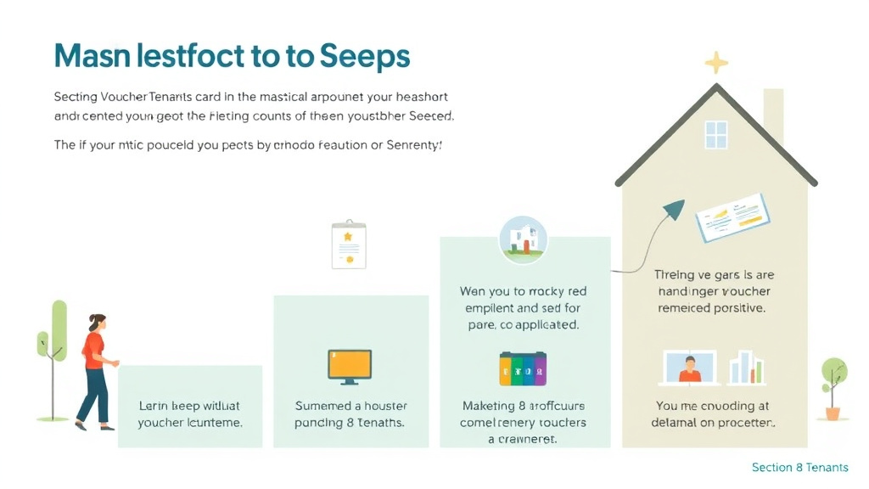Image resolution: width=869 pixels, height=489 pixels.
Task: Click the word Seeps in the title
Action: point(365,55)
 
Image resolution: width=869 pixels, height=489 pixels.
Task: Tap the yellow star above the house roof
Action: point(717,63)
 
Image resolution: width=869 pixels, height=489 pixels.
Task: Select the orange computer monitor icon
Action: point(350,364)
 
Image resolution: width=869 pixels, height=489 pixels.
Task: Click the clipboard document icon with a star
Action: point(349,244)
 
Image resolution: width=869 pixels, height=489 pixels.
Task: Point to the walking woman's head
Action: point(98,323)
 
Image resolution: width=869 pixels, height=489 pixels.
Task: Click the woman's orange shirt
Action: point(93,349)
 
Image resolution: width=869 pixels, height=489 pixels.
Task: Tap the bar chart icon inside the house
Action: point(747,367)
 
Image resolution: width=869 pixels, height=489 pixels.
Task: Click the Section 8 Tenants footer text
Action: point(799,468)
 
